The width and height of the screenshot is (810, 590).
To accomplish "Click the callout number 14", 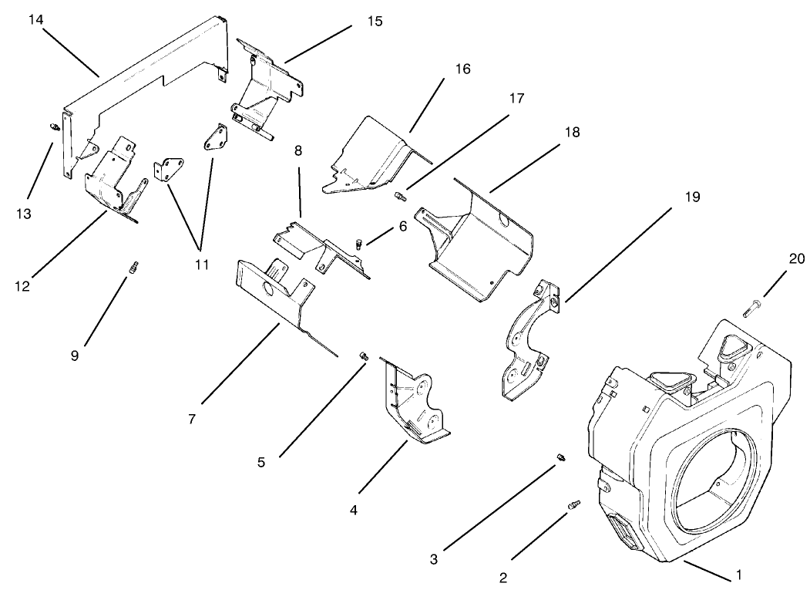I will click(36, 19).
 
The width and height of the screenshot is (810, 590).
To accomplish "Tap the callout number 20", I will click(796, 259).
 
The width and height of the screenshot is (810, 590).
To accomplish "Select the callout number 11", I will click(200, 265).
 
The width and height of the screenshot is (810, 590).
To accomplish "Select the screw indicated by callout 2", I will click(573, 504).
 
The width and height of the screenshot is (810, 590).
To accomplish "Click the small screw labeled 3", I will click(560, 459).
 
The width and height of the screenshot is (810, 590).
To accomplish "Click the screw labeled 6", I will click(360, 244).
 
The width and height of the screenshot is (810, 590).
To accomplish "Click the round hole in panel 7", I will click(271, 290).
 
